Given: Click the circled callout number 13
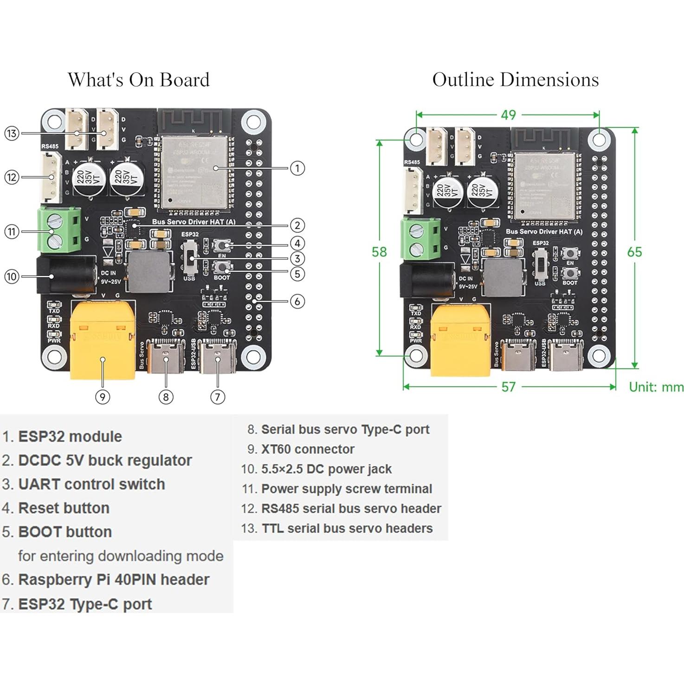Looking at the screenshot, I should coord(12,134).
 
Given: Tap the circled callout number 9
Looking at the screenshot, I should coord(103,397).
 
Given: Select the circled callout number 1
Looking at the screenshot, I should coord(297,168).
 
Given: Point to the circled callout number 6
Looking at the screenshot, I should coord(297,301).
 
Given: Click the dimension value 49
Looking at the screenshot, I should coord(508,115).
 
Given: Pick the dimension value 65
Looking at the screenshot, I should coord(634,252).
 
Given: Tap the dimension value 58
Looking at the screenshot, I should coord(379,252).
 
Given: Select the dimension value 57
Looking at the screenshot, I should coord(508,387).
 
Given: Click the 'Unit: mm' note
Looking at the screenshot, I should coord(656,387).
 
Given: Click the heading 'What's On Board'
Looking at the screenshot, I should coord(139,80).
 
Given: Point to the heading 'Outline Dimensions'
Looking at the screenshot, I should coord(515,80).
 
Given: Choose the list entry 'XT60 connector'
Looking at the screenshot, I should coord(307,449).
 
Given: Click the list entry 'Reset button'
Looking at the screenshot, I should coord(64,508).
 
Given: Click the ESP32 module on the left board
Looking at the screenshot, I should coord(195,172).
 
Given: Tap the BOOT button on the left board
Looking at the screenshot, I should coord(222,267).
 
